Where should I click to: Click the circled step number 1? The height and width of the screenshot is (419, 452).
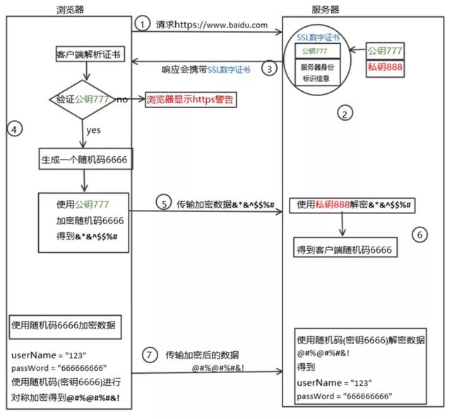pyautogui.click(x=143, y=25)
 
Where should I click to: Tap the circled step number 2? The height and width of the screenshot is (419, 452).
pyautogui.click(x=345, y=114)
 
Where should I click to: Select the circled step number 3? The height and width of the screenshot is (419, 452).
pyautogui.click(x=268, y=69)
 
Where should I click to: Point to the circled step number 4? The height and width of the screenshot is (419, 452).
pyautogui.click(x=16, y=129)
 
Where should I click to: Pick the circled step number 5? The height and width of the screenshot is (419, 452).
pyautogui.click(x=162, y=203)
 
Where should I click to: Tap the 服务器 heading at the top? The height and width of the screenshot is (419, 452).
pyautogui.click(x=326, y=8)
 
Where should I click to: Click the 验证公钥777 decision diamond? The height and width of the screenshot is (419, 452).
pyautogui.click(x=83, y=100)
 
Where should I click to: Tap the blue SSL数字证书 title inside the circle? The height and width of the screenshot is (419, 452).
pyautogui.click(x=319, y=36)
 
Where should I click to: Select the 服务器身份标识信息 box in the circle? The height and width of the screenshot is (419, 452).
pyautogui.click(x=319, y=73)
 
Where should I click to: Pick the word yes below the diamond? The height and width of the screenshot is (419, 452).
pyautogui.click(x=93, y=131)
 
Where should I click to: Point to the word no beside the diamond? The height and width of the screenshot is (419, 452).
pyautogui.click(x=122, y=100)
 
